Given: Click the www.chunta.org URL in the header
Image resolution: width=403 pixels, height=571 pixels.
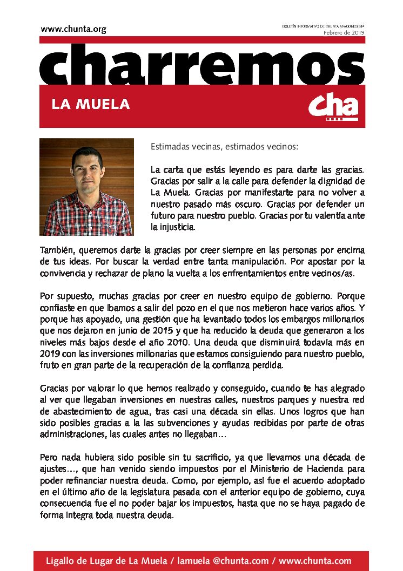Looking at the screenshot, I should click(x=73, y=29).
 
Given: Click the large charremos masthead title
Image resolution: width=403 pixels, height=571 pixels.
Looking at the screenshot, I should click(x=202, y=63).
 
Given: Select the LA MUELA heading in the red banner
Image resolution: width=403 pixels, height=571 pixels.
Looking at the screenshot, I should click(x=91, y=104).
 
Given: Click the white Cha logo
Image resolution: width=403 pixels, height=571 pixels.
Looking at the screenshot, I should click(x=333, y=106).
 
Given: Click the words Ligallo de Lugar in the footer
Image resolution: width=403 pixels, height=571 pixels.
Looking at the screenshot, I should click(x=77, y=561).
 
